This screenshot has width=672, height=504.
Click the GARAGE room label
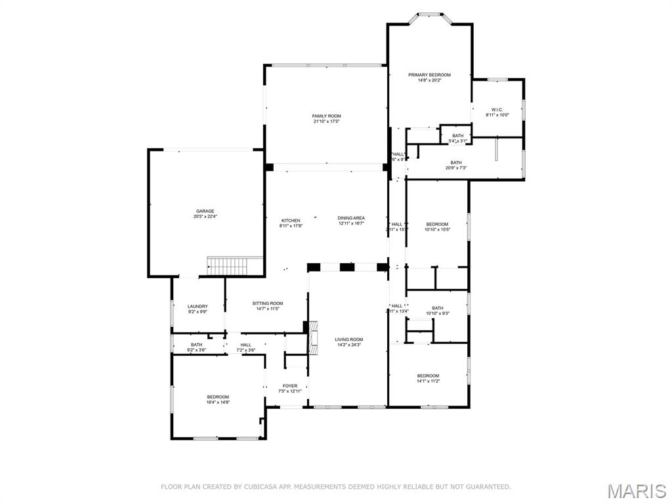pyautogui.click(x=204, y=211)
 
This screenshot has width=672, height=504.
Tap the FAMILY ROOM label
pyautogui.click(x=326, y=116)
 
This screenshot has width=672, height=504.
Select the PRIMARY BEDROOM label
pyautogui.click(x=429, y=75)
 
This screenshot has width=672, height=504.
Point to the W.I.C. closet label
pyautogui.click(x=497, y=110)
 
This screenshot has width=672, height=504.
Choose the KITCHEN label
pyautogui.click(x=291, y=220)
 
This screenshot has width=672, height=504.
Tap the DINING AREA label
pyautogui.click(x=351, y=218)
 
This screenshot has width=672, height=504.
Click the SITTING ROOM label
pyautogui.click(x=268, y=303)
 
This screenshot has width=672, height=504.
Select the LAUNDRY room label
pyautogui.click(x=198, y=306)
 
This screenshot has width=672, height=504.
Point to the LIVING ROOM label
pyautogui.click(x=349, y=339)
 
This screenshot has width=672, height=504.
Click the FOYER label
pyautogui.click(x=290, y=386)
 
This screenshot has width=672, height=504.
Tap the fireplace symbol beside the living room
pyautogui.click(x=313, y=337)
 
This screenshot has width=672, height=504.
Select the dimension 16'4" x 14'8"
pyautogui.click(x=218, y=402)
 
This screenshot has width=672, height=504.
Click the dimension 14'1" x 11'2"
pyautogui.click(x=428, y=381)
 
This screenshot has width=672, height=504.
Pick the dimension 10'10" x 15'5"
pyautogui.click(x=437, y=230)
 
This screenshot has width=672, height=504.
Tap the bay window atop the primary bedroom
pyautogui.click(x=429, y=16)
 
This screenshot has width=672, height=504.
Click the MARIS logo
pyautogui.click(x=636, y=490)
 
